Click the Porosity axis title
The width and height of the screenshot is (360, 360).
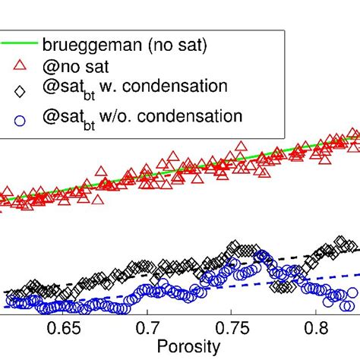[x=188, y=347]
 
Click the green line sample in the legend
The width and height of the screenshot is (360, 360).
[x=19, y=43]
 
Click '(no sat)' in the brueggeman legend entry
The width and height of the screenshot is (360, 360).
[x=167, y=43]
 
